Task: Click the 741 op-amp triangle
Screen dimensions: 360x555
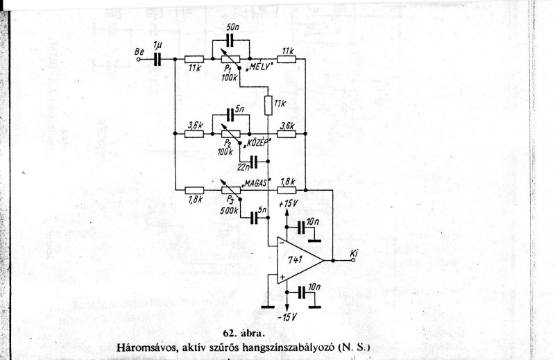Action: tap(297, 262)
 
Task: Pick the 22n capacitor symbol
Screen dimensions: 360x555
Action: tap(255, 162)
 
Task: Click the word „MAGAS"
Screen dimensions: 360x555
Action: tap(255, 181)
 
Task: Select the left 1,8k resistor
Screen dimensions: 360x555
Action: tap(195, 189)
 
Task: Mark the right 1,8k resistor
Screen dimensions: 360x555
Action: tap(287, 189)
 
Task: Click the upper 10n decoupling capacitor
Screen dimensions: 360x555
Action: tap(301, 228)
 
